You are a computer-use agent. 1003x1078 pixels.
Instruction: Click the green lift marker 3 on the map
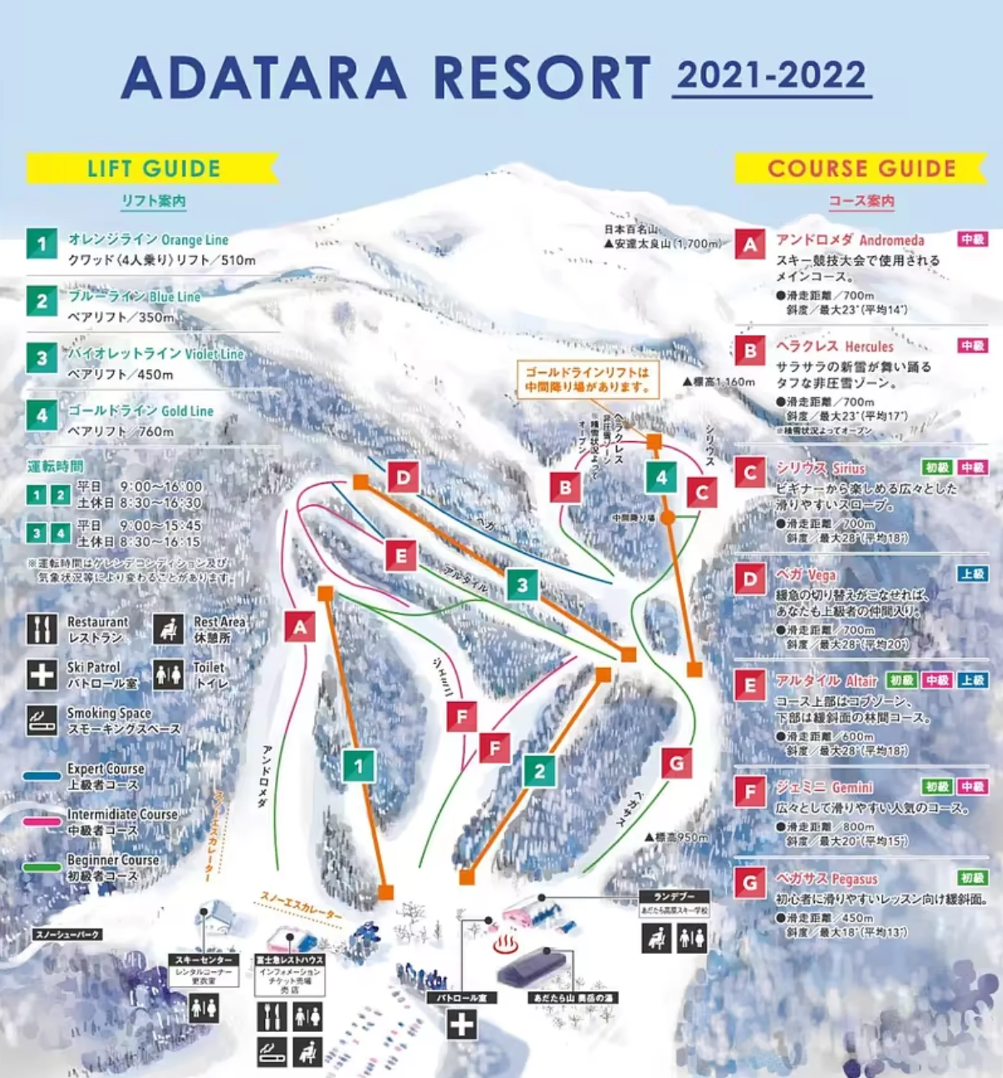[522, 585]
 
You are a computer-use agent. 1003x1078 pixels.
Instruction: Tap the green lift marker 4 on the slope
[661, 477]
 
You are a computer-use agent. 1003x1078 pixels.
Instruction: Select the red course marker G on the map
[677, 763]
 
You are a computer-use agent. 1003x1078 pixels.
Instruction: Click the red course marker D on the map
[403, 478]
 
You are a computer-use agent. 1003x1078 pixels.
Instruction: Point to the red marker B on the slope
[565, 488]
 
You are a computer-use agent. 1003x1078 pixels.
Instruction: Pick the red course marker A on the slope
[300, 628]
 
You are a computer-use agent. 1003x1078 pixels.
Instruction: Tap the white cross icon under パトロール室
[462, 1025]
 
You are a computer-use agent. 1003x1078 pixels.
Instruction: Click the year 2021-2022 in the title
[771, 75]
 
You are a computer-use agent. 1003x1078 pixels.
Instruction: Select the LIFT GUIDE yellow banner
[153, 169]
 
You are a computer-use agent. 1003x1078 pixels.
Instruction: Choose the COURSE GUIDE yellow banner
[861, 169]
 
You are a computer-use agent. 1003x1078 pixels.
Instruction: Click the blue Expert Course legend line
[42, 777]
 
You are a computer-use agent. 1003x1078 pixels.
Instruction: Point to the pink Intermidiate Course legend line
[42, 822]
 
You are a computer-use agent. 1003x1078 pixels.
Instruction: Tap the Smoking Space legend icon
[42, 721]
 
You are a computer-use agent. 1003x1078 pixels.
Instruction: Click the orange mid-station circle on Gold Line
[668, 517]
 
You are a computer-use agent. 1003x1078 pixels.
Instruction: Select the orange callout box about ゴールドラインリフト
[587, 380]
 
